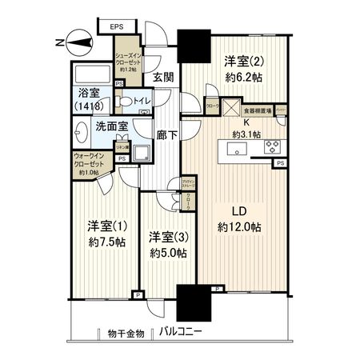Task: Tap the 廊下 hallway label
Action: [x=166, y=137]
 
